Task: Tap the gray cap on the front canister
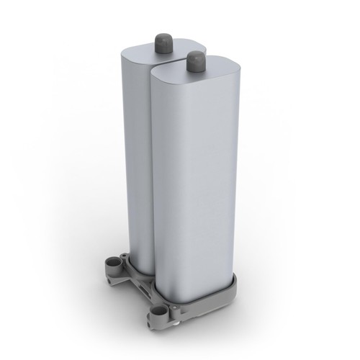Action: (x=194, y=62)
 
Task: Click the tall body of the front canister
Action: (x=191, y=187)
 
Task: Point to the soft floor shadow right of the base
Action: (x=259, y=302)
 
